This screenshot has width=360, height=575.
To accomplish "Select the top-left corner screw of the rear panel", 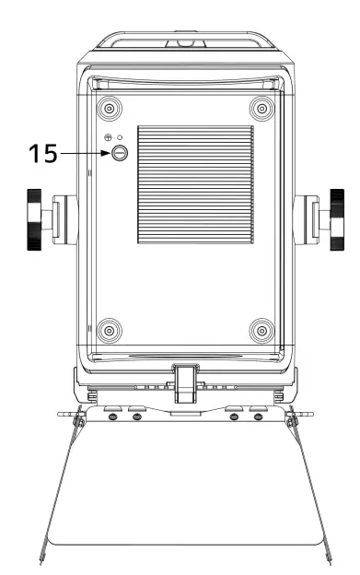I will tap(110, 109).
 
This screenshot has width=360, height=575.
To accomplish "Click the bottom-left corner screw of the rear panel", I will tap(110, 329).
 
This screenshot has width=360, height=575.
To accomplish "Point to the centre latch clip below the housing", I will tap(186, 381).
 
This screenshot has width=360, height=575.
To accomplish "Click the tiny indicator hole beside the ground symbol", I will tap(120, 137).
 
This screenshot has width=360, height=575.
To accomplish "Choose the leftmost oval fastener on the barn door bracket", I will tap(111, 417).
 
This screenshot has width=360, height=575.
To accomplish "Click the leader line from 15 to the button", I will tap(83, 155).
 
